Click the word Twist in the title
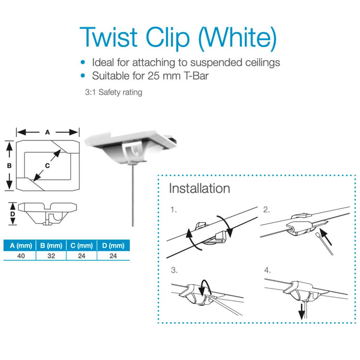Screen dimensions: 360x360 (x=109, y=37)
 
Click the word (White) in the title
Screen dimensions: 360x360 (x=237, y=39)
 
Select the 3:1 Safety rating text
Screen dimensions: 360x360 (x=114, y=92)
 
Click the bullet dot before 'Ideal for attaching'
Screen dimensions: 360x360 (x=83, y=62)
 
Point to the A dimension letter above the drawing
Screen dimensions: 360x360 (x=47, y=132)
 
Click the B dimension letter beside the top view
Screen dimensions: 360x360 (x=9, y=166)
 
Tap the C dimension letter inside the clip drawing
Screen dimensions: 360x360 (x=47, y=166)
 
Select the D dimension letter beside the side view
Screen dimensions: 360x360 (x=13, y=214)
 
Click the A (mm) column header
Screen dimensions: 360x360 (x=21, y=246)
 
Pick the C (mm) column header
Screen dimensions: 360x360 (x=81, y=246)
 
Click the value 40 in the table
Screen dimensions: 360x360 (x=21, y=256)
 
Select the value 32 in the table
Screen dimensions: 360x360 (x=51, y=256)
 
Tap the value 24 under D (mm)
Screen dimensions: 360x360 (x=113, y=256)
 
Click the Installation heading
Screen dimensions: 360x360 (x=200, y=188)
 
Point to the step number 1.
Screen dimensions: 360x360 (x=173, y=210)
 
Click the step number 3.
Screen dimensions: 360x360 (x=174, y=270)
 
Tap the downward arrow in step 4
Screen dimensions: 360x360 (x=301, y=312)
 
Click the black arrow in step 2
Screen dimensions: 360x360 (x=326, y=237)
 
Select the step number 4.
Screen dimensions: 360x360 (x=267, y=270)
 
